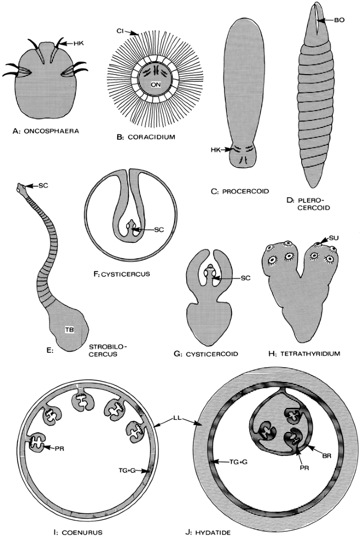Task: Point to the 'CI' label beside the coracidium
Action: [x=120, y=31]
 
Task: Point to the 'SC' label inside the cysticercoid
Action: [x=239, y=277]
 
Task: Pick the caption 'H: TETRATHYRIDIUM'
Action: [x=301, y=354]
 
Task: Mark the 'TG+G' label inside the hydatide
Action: [x=229, y=461]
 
